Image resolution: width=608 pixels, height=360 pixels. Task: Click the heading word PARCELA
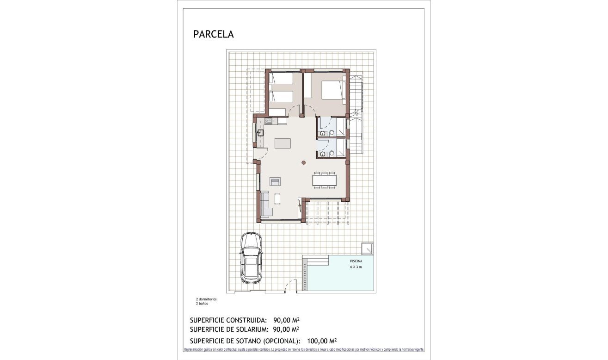point(213,34)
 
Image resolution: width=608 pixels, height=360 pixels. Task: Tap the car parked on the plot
point(251,257)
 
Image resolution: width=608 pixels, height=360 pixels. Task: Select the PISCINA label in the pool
point(356,261)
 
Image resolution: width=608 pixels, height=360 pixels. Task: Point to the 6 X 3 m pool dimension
point(356,267)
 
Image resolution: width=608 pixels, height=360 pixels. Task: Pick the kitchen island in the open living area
point(283,143)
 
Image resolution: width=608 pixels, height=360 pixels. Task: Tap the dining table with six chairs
point(324,180)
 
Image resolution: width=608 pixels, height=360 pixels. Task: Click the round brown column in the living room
point(303,162)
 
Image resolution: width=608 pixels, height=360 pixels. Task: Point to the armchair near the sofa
point(276,181)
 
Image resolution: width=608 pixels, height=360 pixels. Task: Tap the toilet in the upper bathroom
point(332,134)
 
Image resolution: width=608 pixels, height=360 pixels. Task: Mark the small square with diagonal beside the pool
point(368,248)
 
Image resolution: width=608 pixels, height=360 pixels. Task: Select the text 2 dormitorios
point(206,299)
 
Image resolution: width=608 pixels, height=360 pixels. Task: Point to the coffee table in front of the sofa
point(277,199)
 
